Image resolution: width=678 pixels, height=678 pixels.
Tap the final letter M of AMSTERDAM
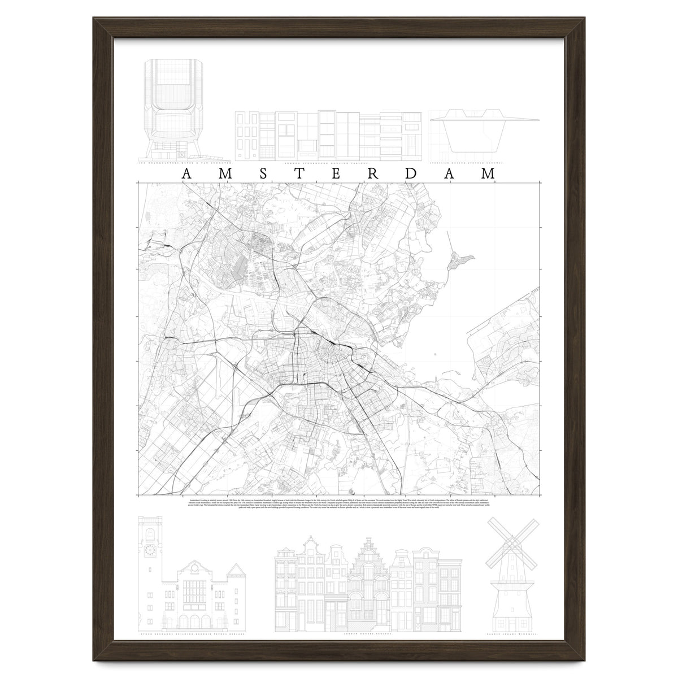pyautogui.click(x=487, y=174)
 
